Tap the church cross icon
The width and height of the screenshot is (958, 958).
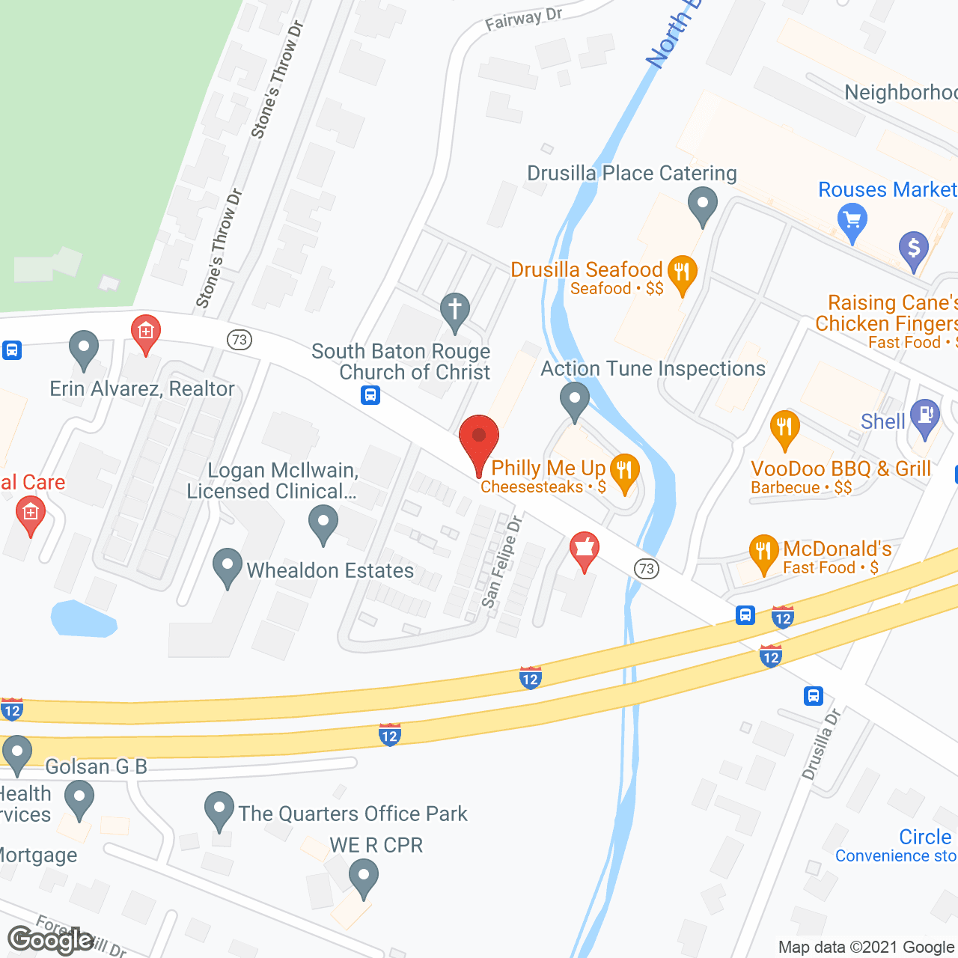tap(454, 311)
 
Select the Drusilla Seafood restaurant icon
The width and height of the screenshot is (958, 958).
tap(682, 272)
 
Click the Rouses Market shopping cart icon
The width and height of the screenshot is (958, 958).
tap(852, 222)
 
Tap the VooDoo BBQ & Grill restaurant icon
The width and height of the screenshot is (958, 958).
tap(784, 428)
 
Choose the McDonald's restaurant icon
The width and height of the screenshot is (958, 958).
tap(763, 552)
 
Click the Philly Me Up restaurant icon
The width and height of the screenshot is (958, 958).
tap(624, 472)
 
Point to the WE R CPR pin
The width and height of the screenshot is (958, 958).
tap(364, 876)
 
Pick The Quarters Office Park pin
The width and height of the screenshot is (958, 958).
tap(219, 809)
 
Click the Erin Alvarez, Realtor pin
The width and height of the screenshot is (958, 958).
tap(84, 348)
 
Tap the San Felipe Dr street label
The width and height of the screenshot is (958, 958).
tap(501, 561)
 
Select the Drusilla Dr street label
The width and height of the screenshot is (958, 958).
tap(821, 744)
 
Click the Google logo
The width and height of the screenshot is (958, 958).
tap(50, 940)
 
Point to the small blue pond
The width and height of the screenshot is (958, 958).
tap(82, 619)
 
